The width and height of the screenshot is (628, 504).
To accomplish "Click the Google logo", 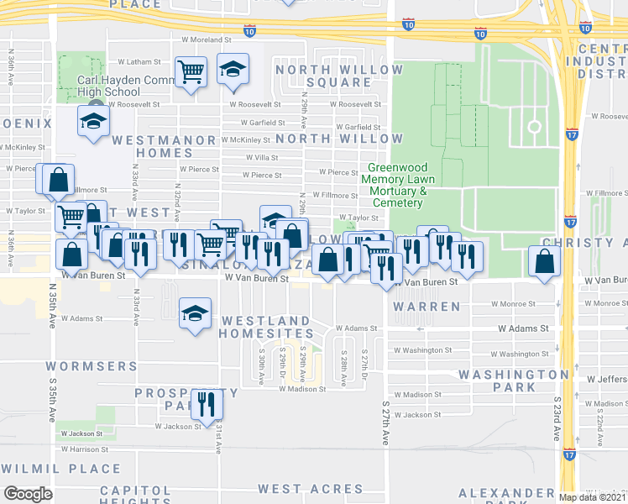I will point(28,494).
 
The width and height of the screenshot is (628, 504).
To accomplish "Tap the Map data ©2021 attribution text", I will point(593,497).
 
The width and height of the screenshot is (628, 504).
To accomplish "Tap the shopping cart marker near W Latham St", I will point(191,73).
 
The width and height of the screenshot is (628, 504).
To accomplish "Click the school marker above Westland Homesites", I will point(195,313).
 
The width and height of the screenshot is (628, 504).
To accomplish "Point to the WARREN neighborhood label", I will point(427,307).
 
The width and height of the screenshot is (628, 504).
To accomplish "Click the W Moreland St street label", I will point(207,39).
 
